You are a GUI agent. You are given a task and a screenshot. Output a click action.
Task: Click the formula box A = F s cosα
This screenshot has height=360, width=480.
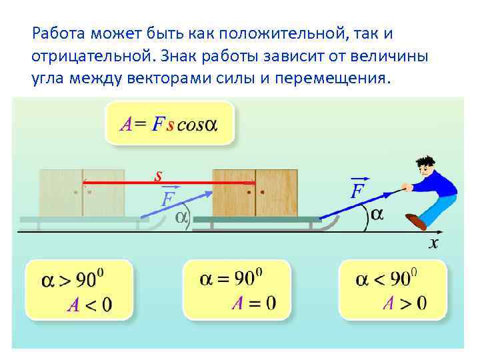[169, 124]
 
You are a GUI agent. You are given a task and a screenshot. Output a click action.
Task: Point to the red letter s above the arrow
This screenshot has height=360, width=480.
[159, 177]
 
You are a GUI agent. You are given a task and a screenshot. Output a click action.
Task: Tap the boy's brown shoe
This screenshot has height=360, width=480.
[416, 221]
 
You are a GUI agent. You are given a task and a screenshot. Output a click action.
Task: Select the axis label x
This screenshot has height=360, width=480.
[433, 244]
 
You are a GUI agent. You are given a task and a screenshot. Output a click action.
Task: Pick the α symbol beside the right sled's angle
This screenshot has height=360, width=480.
[377, 214]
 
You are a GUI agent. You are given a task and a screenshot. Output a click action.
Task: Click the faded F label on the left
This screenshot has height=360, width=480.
[168, 199]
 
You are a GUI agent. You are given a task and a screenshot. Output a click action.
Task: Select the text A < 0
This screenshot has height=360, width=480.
[89, 305]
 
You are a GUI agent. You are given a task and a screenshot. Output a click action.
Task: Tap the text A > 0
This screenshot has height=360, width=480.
[404, 303]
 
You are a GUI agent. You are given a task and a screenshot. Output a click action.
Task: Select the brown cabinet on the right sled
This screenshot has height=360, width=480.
[255, 192]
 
